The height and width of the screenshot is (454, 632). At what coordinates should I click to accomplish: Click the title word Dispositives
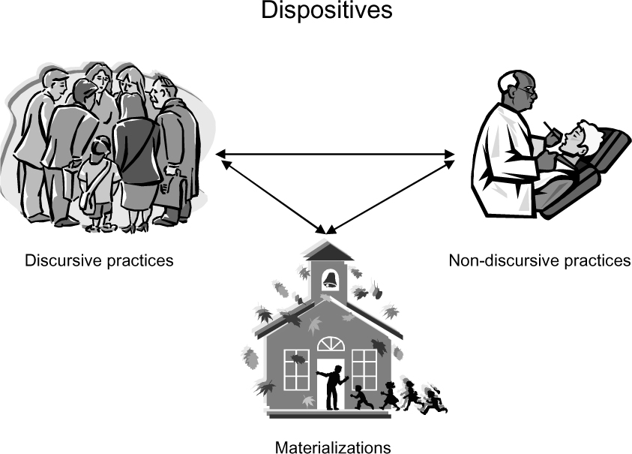326,11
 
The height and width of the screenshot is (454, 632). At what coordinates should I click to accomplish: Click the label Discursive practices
99,260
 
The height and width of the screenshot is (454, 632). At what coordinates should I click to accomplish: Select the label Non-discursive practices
540,260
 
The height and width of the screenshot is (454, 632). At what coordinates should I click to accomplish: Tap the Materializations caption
333,447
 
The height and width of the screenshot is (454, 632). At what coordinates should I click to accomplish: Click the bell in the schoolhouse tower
330,280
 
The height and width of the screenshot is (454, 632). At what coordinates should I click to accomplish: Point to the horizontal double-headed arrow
335,154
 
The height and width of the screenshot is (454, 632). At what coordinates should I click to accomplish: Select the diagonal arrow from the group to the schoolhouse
274,197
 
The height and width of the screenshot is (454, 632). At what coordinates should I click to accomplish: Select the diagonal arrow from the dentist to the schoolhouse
390,197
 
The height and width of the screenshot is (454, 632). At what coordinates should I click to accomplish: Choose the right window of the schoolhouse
364,370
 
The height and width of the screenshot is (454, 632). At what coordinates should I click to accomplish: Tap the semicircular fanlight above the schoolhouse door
331,344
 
